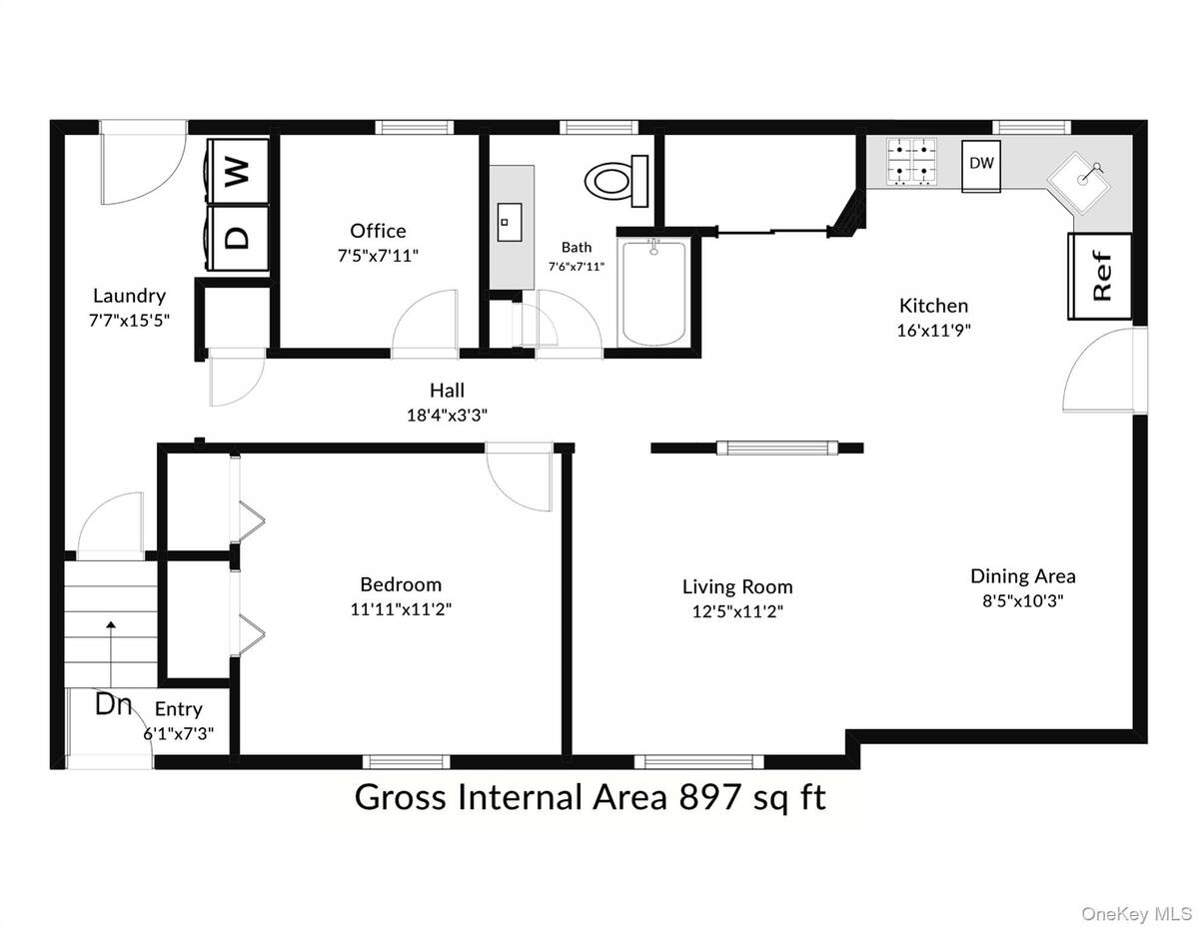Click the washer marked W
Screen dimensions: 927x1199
237,171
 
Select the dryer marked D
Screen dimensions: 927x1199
237,237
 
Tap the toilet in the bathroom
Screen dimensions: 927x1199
612,180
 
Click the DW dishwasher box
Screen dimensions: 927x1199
982,164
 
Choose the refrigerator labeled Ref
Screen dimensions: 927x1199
1100,277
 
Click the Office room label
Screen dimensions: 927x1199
378,232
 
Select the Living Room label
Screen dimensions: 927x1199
737,587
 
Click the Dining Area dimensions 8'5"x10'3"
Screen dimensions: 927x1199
1023,601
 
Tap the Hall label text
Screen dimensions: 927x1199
447,391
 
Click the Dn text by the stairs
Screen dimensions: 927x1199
114,704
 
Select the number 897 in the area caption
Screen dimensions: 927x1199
711,797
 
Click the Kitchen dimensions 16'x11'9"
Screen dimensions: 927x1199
933,329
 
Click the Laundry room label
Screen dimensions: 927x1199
129,296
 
